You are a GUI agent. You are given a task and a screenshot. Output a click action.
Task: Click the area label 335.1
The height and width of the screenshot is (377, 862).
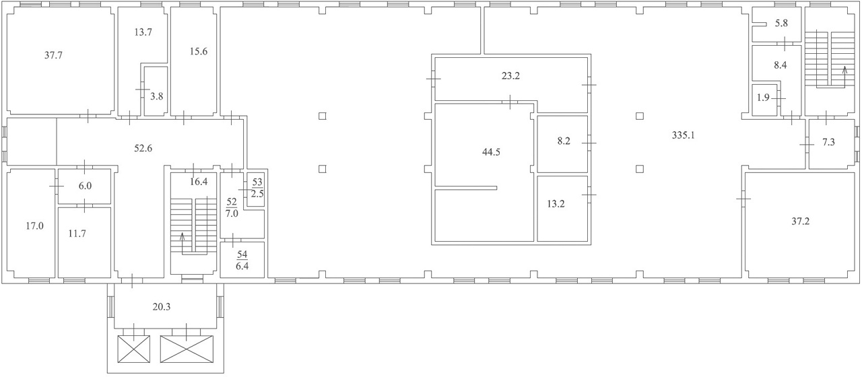tap(683, 135)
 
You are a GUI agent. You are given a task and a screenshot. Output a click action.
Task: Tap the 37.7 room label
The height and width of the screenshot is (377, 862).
tap(53, 55)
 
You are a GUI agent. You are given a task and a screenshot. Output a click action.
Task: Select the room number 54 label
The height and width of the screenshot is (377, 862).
tap(242, 254)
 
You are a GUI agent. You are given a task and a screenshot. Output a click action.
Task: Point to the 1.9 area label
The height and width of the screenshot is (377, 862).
tap(763, 98)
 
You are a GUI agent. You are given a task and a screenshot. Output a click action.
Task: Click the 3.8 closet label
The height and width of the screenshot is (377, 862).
tap(157, 96)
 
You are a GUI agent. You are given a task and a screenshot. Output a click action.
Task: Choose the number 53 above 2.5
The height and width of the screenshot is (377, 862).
tap(257, 182)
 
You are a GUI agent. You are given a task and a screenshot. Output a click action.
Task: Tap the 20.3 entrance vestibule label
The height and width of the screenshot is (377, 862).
tap(161, 306)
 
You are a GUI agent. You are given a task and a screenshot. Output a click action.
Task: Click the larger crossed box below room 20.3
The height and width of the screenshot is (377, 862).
tap(187, 349)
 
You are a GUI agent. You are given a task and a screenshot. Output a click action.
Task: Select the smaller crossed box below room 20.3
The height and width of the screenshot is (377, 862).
tap(133, 349)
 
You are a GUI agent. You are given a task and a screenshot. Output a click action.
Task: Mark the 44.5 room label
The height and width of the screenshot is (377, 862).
tap(491, 152)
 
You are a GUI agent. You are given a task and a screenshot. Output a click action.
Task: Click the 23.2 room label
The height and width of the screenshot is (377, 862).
tap(510, 76)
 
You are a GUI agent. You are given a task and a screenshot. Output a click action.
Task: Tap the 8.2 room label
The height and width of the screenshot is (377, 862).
tap(564, 141)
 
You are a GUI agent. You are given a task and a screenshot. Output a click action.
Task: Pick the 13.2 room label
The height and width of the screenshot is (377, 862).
tap(556, 203)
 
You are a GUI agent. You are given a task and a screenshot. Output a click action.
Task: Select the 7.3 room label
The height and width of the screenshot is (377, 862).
tap(828, 142)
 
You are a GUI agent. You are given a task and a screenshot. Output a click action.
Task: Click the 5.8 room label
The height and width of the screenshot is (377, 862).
tap(781, 23)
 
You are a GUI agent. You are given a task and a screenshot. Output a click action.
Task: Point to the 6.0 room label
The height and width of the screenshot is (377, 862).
tap(85, 186)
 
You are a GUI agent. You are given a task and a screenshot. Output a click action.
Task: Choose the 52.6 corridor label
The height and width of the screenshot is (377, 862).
tap(143, 148)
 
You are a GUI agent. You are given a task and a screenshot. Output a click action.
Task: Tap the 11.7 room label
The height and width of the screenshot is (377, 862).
tap(77, 234)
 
